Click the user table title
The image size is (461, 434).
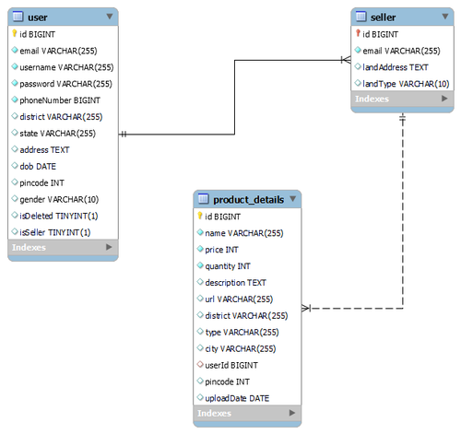pos(38,18)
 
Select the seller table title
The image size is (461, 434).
pos(383,18)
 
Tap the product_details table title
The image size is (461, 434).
pos(248,200)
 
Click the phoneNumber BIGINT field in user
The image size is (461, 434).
pos(60,100)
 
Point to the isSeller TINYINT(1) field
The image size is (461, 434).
pos(55,232)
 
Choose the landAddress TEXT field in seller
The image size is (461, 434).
pos(396,67)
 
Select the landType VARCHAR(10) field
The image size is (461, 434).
pos(406,84)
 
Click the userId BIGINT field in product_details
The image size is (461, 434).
pos(231,365)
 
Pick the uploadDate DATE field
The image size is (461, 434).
pos(237,398)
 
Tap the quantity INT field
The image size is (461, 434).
pos(228,266)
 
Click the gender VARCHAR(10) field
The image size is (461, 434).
pos(59,200)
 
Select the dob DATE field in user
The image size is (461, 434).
pos(38,167)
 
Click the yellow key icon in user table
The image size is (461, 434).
pos(14,33)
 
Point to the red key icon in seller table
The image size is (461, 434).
pos(358,33)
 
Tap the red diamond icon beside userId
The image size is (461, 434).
pos(200,365)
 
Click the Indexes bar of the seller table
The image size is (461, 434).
pos(402,99)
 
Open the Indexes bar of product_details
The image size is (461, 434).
pos(247,413)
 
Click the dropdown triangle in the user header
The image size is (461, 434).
pos(110,17)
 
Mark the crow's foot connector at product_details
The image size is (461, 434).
pos(306,308)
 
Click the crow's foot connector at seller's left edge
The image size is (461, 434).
pos(346,60)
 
